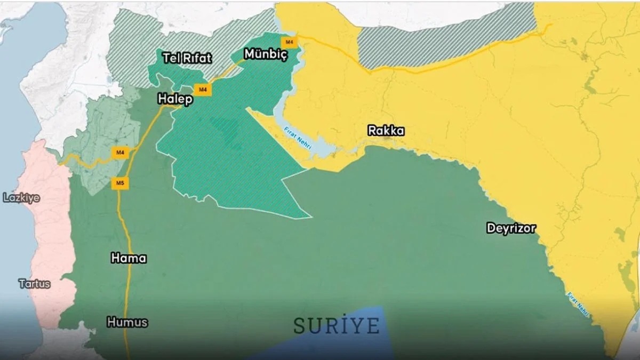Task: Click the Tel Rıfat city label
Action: click(187, 58)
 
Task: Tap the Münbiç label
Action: click(266, 54)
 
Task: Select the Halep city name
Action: click(175, 99)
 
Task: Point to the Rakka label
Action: click(386, 131)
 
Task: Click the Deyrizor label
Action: click(511, 228)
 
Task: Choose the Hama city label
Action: click(129, 258)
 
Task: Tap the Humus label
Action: click(127, 322)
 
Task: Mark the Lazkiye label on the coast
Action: click(21, 198)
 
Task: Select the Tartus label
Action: click(35, 284)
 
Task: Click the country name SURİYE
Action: click(337, 325)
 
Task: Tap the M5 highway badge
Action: click(120, 184)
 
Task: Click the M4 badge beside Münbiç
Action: click(289, 42)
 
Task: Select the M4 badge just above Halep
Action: click(203, 90)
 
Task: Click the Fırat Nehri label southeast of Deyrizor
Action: click(578, 303)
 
